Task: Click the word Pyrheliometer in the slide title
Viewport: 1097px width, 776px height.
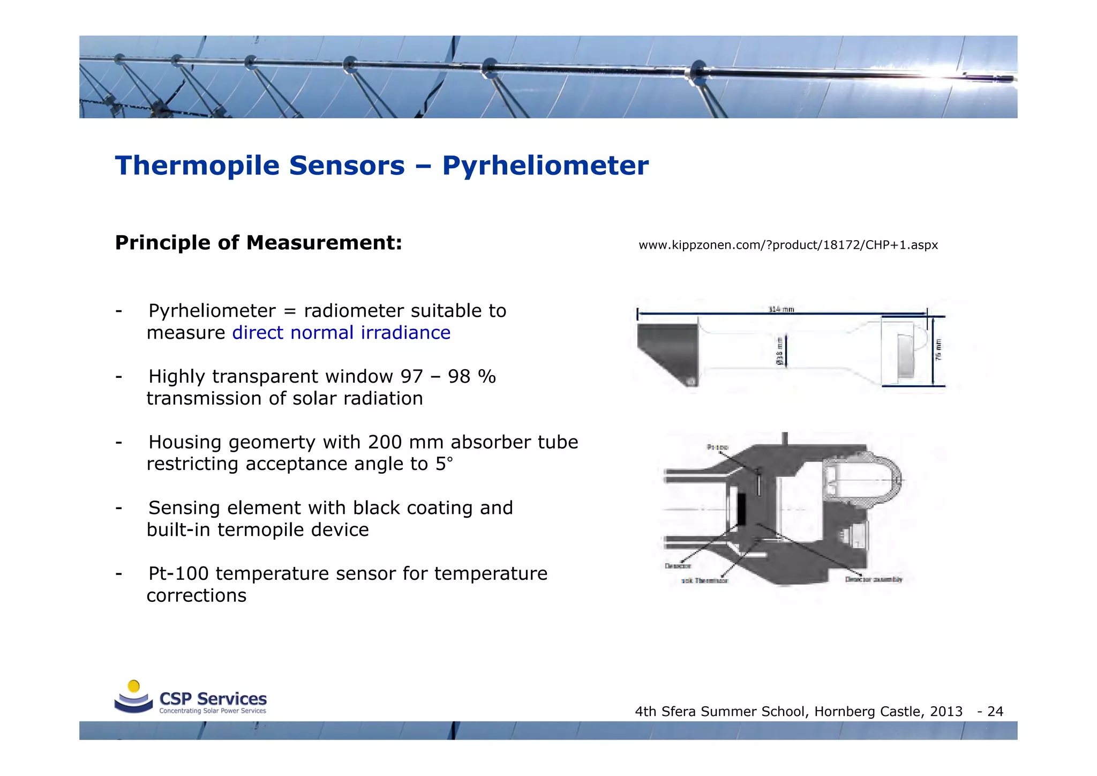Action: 545,166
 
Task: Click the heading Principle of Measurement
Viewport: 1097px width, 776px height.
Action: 258,243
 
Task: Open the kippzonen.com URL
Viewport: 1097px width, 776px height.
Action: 788,245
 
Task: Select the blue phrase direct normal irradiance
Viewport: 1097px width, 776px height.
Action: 341,333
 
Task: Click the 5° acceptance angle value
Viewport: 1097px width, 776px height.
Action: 444,464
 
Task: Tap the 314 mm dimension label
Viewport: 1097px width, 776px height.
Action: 781,309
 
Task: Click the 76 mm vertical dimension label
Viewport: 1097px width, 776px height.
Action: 938,349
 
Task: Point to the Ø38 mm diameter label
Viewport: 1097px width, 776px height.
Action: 779,352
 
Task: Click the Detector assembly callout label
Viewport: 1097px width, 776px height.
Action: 873,579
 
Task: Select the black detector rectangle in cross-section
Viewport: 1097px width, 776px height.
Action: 742,509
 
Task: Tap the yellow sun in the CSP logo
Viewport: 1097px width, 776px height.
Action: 134,686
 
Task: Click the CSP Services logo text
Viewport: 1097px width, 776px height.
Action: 213,699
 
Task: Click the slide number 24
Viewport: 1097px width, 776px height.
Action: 995,712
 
